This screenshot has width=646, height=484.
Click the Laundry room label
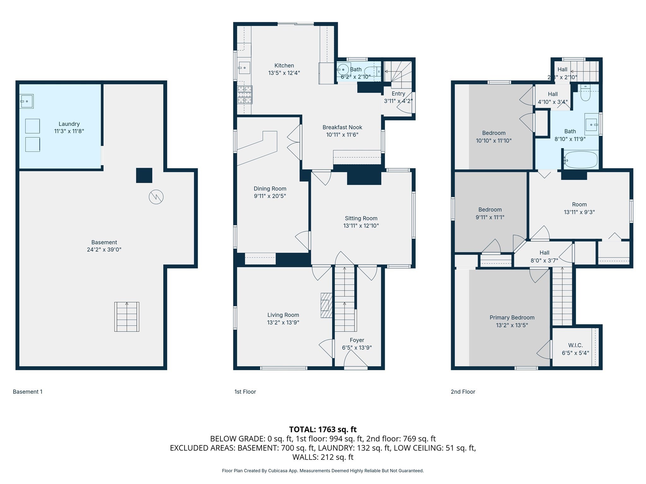69,124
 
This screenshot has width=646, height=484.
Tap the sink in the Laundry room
27,101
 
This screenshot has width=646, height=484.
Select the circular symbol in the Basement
156,197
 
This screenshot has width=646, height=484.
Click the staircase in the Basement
127,317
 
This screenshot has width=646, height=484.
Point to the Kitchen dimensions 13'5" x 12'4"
284,73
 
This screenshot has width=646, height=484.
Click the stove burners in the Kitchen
245,95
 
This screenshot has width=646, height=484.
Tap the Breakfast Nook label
342,127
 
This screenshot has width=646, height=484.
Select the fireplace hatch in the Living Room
326,305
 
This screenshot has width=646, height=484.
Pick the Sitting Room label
361,218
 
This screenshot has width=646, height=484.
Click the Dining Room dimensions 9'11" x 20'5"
270,196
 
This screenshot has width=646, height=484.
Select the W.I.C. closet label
575,345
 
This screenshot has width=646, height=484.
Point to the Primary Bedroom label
512,318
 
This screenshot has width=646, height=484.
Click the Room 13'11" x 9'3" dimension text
579,212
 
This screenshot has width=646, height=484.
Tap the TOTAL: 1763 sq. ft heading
323,429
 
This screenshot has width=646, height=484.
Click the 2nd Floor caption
463,392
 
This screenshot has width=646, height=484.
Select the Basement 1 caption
28,392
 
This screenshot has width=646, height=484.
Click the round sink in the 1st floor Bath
343,69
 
